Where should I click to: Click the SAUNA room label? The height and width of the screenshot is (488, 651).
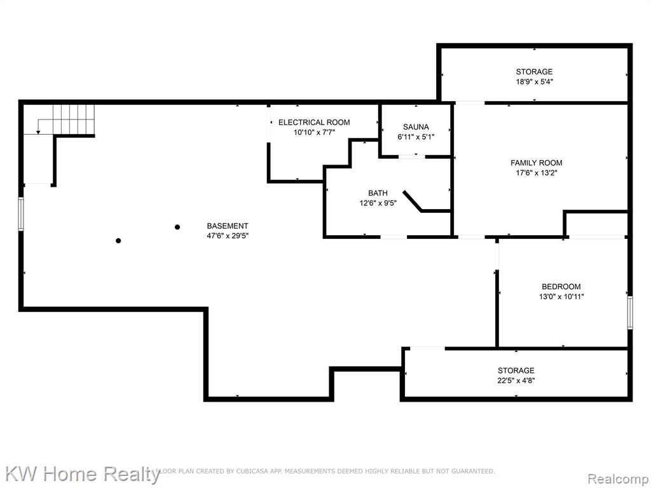[x=416, y=127]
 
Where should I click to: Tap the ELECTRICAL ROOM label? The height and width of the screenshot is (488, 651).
[x=314, y=123]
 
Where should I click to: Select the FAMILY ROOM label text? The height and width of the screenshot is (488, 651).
[x=537, y=163]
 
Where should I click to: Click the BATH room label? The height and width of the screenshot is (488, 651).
[x=378, y=193]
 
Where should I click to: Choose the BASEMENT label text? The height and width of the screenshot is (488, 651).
[x=228, y=226]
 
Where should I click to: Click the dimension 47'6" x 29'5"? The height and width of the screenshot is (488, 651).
[x=228, y=236]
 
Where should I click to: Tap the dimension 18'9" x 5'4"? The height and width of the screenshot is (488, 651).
[x=534, y=82]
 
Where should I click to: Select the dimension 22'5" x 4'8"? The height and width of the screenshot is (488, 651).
[x=516, y=381]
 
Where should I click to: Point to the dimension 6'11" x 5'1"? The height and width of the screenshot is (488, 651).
[x=416, y=137]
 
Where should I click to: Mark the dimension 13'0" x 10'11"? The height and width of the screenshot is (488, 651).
[x=561, y=297]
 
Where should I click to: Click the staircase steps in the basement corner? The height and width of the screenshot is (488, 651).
[x=74, y=120]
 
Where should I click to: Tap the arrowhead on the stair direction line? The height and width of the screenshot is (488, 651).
[x=38, y=132]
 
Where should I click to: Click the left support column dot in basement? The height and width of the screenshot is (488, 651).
[x=118, y=241]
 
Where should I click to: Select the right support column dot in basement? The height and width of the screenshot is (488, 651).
[x=177, y=227]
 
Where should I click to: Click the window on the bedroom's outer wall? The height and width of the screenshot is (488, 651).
[x=630, y=313]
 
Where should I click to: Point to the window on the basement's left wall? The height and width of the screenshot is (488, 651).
[x=21, y=214]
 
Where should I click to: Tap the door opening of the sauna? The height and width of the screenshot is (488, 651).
[x=412, y=156]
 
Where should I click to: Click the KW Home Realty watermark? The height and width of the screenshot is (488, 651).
[x=82, y=474]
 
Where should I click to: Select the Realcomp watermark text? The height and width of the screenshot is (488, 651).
[x=618, y=479]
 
